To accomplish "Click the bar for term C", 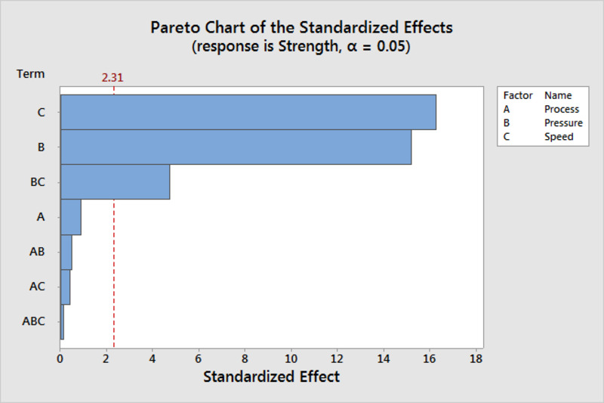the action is (x=248, y=112).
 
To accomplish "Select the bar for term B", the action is (x=236, y=147).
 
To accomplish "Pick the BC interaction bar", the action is (x=116, y=182).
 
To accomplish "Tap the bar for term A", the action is (x=71, y=217).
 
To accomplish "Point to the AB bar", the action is (x=66, y=252).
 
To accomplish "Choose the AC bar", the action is (x=66, y=287).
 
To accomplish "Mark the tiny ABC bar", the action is (x=63, y=321).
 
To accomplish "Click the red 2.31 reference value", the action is (x=112, y=78).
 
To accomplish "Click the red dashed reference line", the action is (x=114, y=217).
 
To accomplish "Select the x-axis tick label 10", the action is (x=291, y=359).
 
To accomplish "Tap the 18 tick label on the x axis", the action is (x=476, y=359).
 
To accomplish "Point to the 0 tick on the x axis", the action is (x=60, y=359).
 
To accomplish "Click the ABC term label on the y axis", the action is (x=33, y=321).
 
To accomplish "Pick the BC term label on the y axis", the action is (x=38, y=182).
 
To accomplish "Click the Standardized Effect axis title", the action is (x=272, y=377).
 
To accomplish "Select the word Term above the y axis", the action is (x=30, y=73).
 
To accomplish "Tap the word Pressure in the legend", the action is (x=563, y=123).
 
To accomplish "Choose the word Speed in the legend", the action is (x=559, y=137).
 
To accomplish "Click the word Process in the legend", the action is (x=562, y=109).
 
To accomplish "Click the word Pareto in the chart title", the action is (x=175, y=28).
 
